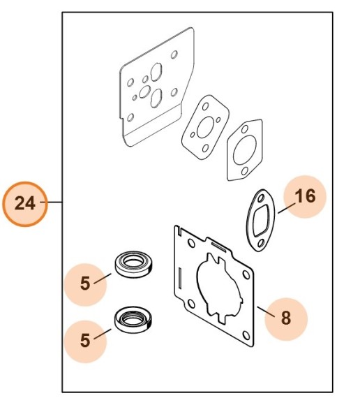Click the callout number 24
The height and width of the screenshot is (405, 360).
point(25,203)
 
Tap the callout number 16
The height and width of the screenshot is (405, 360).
point(305,196)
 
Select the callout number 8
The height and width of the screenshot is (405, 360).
point(286,318)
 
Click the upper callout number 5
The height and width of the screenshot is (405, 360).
point(85,283)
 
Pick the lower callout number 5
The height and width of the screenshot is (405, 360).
point(85,340)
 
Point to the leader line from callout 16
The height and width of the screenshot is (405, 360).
point(287,208)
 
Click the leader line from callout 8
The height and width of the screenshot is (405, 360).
point(266,311)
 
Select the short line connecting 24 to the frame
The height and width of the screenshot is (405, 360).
point(54,202)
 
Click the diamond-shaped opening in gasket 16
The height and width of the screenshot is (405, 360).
point(261,221)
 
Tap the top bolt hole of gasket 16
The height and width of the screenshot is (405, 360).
point(261,198)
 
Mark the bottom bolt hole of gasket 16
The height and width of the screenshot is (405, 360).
point(260,242)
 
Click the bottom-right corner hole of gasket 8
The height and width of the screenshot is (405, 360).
point(246,335)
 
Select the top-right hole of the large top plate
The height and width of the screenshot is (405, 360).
point(174,54)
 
